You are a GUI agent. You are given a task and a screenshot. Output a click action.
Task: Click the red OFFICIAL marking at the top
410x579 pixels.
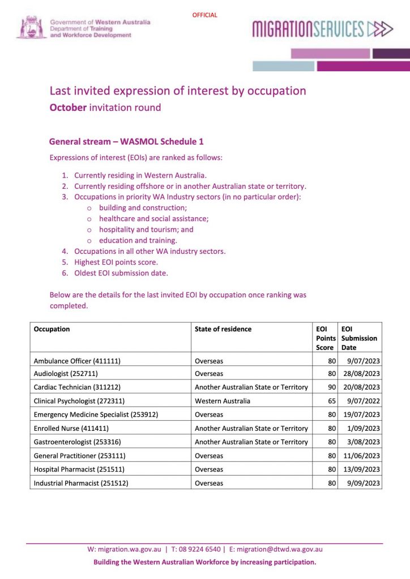click(204, 15)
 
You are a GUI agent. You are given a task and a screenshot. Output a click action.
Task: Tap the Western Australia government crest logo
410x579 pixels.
click(31, 27)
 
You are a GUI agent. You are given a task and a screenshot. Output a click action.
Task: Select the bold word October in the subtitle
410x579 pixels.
click(68, 107)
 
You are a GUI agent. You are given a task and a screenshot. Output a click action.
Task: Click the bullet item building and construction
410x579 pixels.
click(143, 208)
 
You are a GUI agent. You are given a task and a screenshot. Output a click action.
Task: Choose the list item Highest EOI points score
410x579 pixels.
click(116, 262)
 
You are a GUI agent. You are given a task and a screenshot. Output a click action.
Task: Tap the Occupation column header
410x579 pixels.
click(52, 329)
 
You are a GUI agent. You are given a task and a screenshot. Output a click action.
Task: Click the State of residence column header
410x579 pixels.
click(223, 329)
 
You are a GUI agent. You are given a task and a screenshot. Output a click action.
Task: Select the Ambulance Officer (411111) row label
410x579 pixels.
click(77, 360)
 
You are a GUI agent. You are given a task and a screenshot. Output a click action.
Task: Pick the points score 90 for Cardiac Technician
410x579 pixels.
click(332, 387)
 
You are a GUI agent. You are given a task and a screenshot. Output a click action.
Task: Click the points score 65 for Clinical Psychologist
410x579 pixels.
click(332, 401)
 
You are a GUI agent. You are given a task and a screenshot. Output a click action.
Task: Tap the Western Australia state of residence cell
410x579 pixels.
click(223, 401)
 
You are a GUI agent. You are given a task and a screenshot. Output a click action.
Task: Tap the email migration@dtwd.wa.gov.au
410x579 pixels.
click(279, 549)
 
